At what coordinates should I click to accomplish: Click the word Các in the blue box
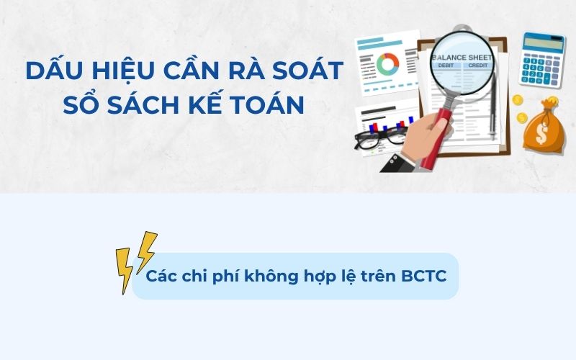(x=161, y=276)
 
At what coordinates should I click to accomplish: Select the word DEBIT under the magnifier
(x=446, y=66)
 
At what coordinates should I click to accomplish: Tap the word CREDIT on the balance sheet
(x=479, y=66)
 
